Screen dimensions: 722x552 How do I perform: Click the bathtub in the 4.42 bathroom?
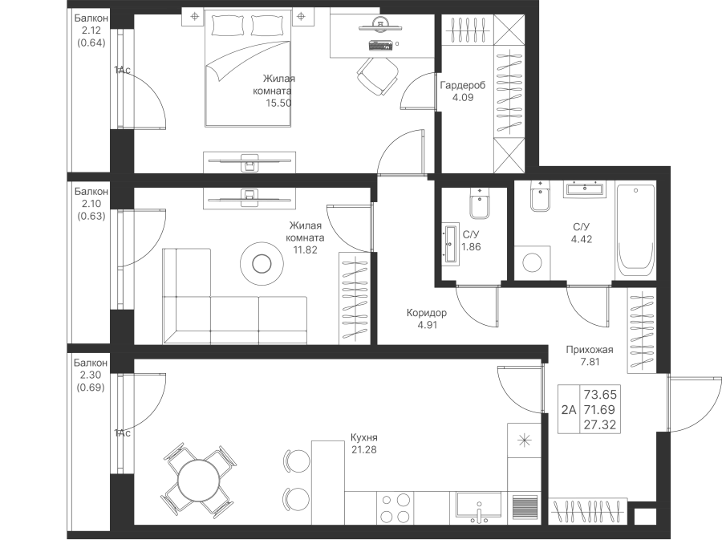[635, 230]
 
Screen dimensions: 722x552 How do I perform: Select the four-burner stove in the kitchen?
[395, 508]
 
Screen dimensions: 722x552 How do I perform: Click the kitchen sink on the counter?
[479, 506]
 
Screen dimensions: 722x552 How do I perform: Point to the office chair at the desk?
[377, 75]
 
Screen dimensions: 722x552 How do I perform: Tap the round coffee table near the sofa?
[262, 264]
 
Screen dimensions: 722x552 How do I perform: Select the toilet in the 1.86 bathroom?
[481, 203]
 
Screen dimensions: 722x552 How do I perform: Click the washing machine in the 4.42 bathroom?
[533, 262]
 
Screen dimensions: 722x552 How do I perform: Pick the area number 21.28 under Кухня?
[363, 449]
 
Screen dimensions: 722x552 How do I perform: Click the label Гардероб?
[462, 85]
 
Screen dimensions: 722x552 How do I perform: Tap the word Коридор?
[427, 313]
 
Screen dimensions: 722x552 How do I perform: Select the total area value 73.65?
[600, 395]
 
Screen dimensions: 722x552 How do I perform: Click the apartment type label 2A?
[569, 410]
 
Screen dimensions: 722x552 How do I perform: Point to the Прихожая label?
[590, 350]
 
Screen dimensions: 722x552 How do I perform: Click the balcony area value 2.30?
[91, 375]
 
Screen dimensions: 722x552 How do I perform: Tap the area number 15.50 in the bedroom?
[278, 103]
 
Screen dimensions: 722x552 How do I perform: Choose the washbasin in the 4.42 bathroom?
[585, 189]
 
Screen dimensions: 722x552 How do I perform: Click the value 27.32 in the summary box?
[600, 424]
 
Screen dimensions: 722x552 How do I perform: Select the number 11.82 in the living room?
[306, 250]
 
